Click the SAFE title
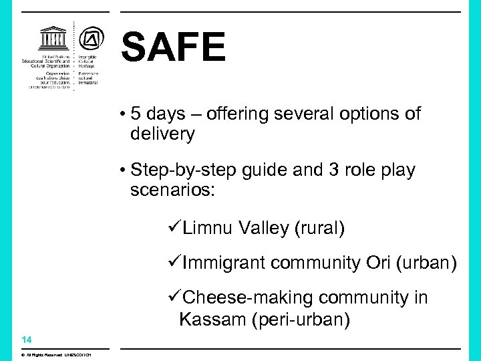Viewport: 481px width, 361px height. pos(174,48)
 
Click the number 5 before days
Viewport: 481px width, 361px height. pos(136,114)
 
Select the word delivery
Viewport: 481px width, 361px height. pos(162,134)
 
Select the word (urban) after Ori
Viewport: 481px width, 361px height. pos(426,263)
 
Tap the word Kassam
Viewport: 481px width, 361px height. pos(212,319)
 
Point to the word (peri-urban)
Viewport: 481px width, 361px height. pos(300,320)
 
